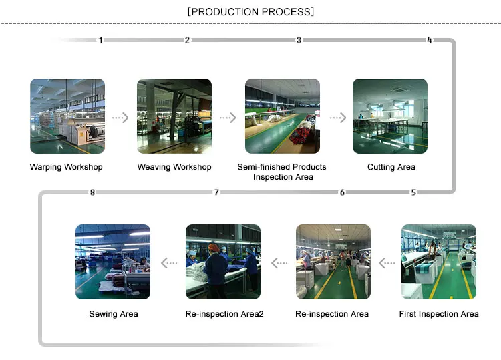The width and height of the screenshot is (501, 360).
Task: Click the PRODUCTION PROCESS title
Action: (251, 11)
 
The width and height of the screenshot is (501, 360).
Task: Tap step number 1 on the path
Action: (101, 40)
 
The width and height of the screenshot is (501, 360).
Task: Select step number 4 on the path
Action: (429, 40)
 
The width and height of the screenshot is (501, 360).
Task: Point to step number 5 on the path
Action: (413, 192)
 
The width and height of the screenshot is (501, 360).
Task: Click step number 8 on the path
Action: (92, 192)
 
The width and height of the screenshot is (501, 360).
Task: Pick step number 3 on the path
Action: (299, 40)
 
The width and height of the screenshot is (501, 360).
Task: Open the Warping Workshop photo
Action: (67, 116)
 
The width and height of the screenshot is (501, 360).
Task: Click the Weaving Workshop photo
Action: (174, 116)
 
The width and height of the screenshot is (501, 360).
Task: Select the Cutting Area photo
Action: (390, 116)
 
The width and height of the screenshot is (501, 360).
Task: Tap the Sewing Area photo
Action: (113, 261)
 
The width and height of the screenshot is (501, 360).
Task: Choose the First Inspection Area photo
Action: (439, 261)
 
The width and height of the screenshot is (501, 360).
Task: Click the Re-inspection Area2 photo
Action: (222, 261)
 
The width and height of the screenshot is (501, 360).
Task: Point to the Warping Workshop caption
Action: (66, 167)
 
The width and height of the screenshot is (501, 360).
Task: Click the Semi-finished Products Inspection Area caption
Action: (282, 172)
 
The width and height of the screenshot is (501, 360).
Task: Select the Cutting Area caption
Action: (391, 167)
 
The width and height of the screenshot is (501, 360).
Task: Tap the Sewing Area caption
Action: (114, 313)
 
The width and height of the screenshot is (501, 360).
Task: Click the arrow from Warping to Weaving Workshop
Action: (120, 118)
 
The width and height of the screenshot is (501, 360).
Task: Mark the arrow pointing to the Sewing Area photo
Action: (169, 263)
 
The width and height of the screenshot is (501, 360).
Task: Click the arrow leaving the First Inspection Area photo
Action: (387, 263)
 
